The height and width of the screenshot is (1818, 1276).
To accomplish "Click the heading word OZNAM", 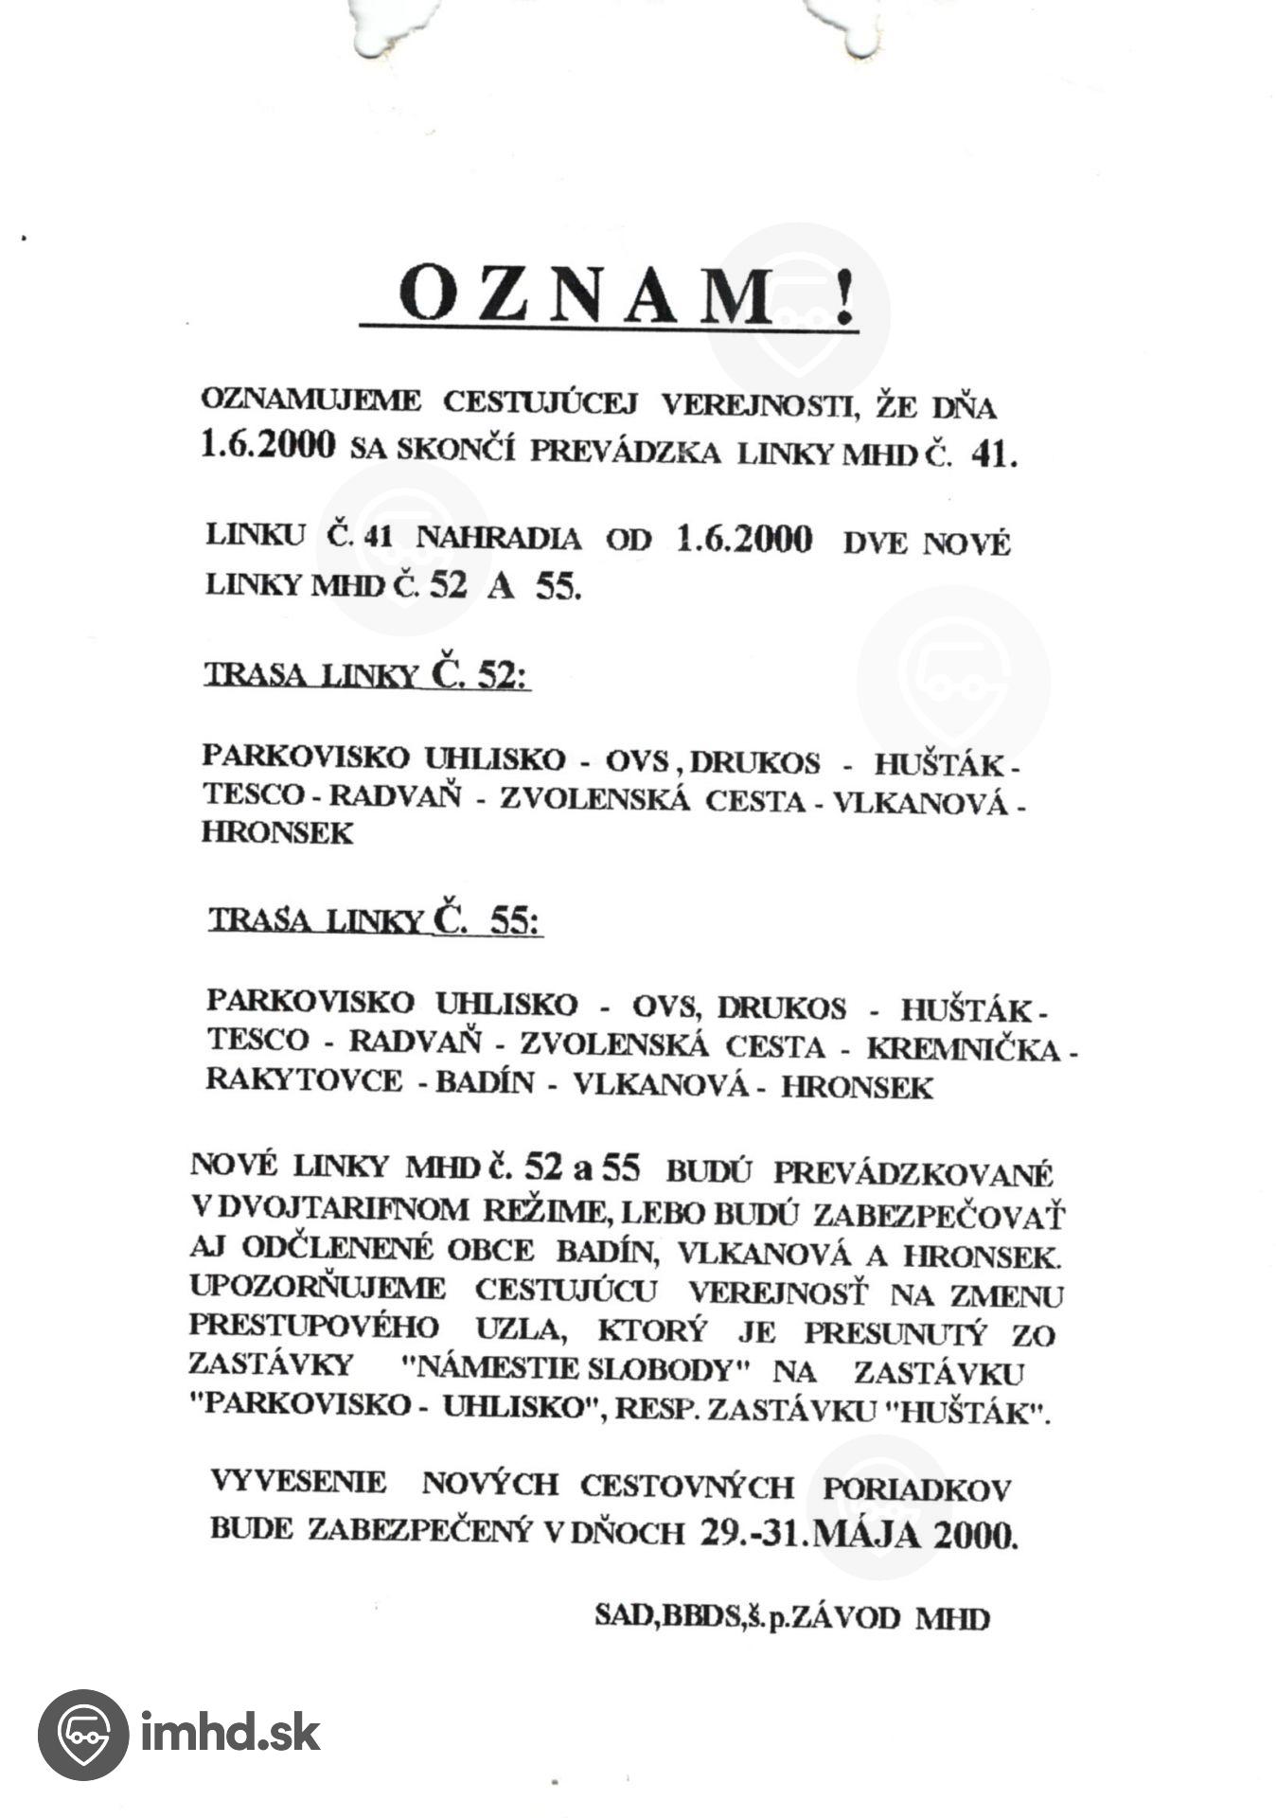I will (587, 294).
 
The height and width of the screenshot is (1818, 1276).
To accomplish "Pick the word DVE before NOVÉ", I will (876, 544).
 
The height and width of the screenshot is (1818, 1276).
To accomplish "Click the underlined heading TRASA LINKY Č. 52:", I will (366, 674).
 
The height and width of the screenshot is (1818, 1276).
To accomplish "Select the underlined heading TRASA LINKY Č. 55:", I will (375, 919).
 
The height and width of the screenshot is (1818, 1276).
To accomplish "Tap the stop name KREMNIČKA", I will (963, 1049).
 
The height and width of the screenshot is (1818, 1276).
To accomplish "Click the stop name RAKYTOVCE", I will (304, 1080).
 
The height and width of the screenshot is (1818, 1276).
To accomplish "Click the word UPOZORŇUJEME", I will (317, 1288).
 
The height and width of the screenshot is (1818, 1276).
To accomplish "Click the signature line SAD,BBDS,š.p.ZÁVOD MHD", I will (791, 1616).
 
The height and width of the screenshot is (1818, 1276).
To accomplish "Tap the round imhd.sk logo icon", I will (82, 1734).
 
